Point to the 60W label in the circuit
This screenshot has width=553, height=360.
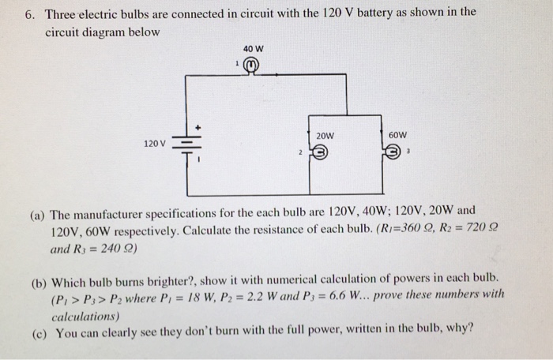398,135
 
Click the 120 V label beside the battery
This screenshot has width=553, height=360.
155,144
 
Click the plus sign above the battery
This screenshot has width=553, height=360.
199,126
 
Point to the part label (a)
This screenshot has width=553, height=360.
38,212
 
